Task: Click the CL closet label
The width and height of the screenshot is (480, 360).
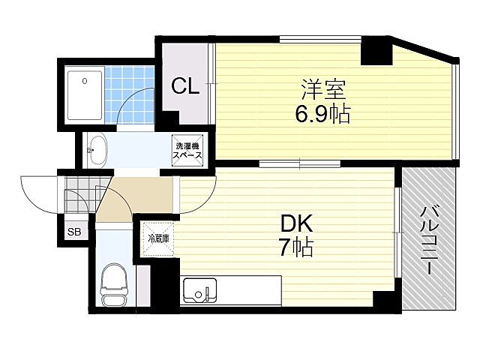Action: point(184,86)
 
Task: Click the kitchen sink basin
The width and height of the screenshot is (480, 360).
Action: point(199,289)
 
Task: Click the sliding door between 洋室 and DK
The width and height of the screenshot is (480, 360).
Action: point(300,163)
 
